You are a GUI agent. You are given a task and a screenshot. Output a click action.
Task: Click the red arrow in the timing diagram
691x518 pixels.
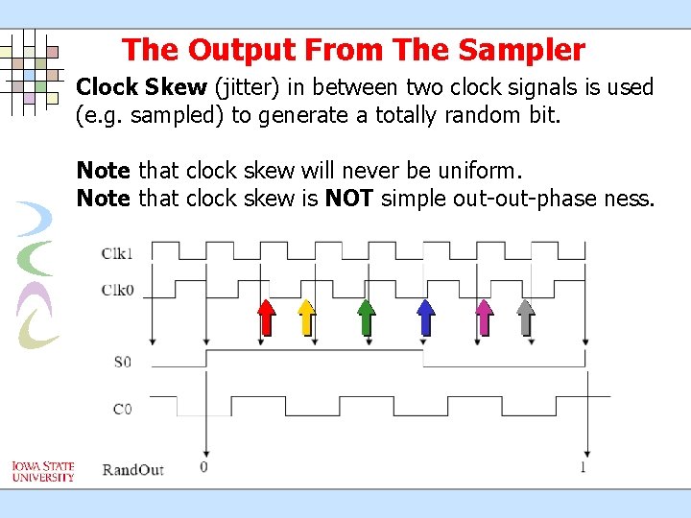tap(266, 317)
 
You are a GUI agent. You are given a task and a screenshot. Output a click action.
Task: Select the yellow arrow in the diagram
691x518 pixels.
tap(306, 317)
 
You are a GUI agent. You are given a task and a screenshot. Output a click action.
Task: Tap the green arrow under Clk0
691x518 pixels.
tap(366, 317)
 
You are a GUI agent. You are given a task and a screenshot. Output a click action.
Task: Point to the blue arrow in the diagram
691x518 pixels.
tap(425, 317)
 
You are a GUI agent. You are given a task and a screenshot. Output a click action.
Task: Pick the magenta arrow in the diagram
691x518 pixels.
tap(485, 317)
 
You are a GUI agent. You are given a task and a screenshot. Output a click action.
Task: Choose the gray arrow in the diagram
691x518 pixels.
tap(526, 317)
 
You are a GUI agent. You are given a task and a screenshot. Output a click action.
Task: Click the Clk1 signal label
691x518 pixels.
tap(117, 254)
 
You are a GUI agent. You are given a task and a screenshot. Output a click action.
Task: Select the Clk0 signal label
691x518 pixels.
tap(117, 290)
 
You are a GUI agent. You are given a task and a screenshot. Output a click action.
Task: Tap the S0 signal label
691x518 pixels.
tap(122, 362)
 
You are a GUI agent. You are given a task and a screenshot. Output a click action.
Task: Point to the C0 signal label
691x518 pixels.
tap(122, 410)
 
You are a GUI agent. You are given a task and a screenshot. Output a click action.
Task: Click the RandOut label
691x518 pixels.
tap(132, 469)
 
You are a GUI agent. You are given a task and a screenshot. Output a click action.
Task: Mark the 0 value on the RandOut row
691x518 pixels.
tap(203, 468)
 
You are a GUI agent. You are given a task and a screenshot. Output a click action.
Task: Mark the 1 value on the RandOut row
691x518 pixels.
tap(584, 468)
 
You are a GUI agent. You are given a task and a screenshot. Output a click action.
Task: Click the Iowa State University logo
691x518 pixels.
tap(42, 471)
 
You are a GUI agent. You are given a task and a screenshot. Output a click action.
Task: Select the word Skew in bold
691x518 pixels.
tap(176, 87)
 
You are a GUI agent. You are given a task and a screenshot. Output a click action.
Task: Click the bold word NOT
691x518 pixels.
tap(348, 200)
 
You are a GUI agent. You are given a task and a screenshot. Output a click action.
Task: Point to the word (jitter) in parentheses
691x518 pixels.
tap(247, 88)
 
